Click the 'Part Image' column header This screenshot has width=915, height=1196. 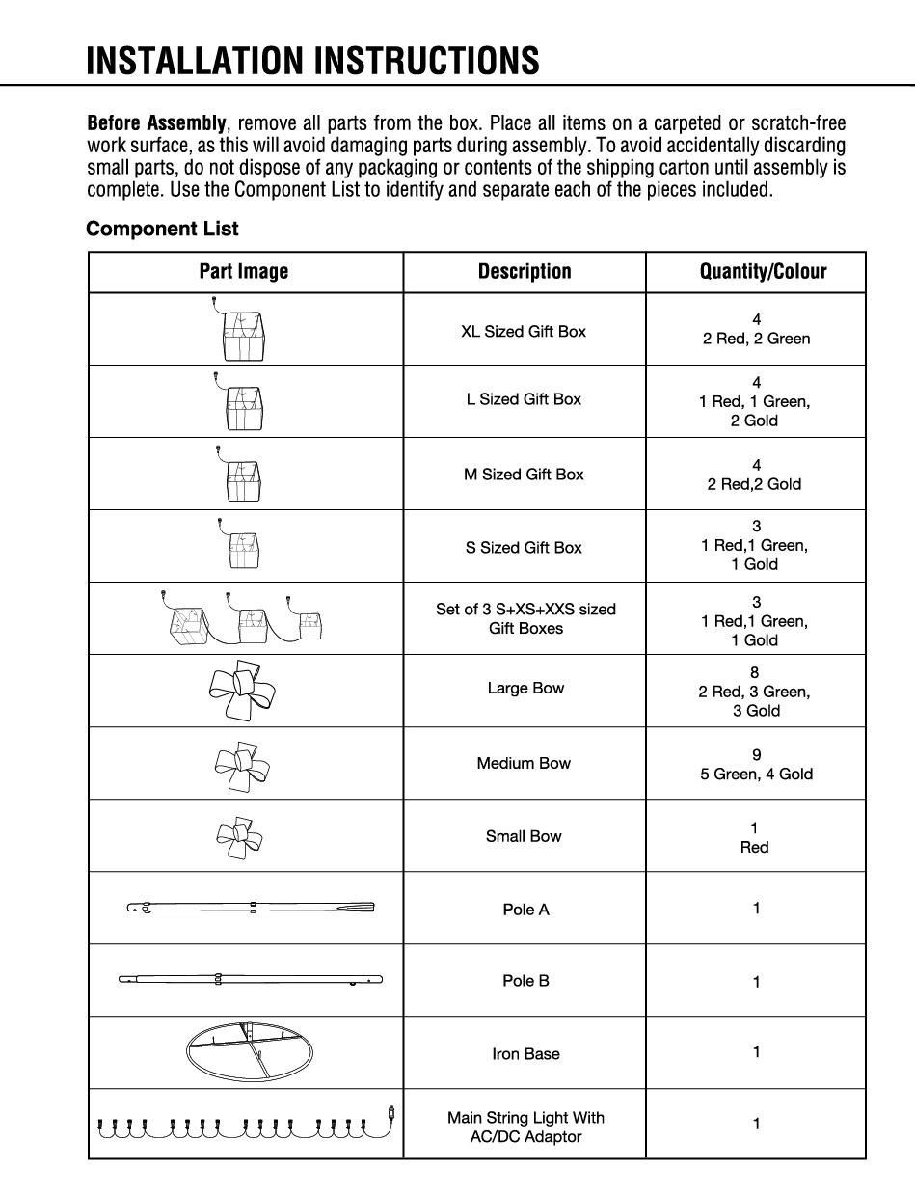pyautogui.click(x=244, y=272)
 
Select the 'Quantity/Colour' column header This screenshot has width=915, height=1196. pyautogui.click(x=763, y=272)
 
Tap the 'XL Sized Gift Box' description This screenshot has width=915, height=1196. pyautogui.click(x=524, y=331)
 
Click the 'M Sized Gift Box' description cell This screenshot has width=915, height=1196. pyautogui.click(x=524, y=474)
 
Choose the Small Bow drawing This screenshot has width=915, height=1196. pyautogui.click(x=240, y=836)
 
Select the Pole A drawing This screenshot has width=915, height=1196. pyautogui.click(x=251, y=907)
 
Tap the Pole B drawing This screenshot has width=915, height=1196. pyautogui.click(x=251, y=980)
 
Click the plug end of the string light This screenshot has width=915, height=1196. pyautogui.click(x=392, y=1111)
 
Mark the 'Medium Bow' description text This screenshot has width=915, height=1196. pyautogui.click(x=524, y=763)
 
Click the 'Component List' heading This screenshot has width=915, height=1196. pyautogui.click(x=162, y=230)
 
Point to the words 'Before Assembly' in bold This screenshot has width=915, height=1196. pyautogui.click(x=157, y=123)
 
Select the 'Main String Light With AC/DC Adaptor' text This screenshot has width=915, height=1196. pyautogui.click(x=525, y=1127)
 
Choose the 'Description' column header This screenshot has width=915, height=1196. pyautogui.click(x=525, y=272)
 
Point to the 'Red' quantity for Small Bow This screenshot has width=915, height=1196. pyautogui.click(x=754, y=847)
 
